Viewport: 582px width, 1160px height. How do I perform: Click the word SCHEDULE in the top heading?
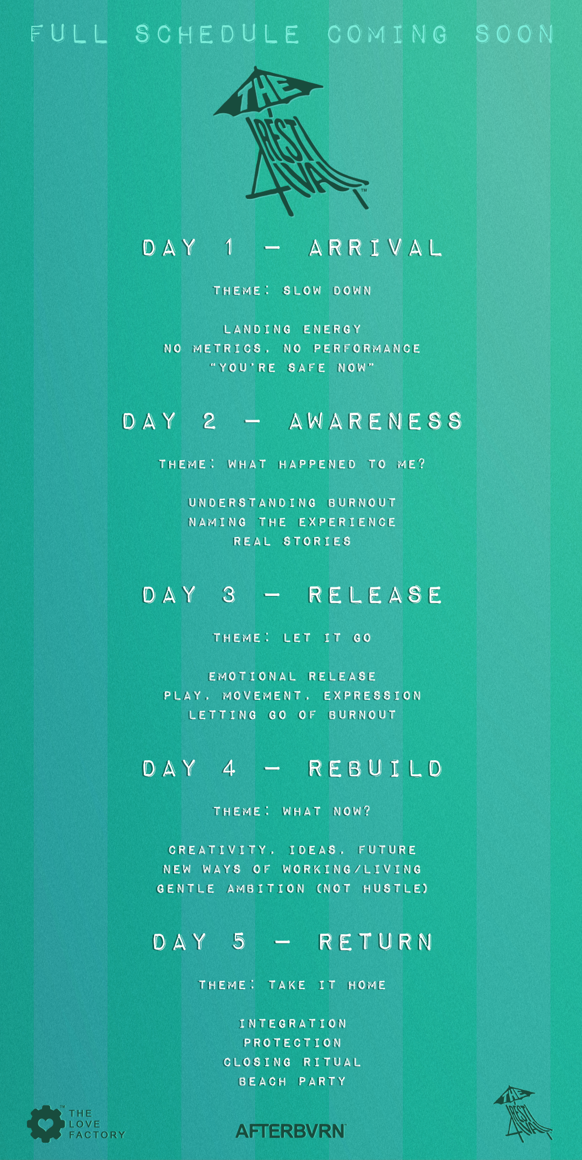[217, 34]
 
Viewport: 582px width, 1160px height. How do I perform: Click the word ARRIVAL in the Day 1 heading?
[375, 248]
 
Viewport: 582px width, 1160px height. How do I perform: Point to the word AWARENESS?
[376, 421]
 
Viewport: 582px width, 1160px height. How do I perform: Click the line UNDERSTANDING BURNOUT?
[292, 503]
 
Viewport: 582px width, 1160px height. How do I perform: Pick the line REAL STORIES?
[292, 541]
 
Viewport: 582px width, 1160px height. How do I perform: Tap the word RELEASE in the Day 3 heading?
[375, 595]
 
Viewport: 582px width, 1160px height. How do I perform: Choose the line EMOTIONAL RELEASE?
[292, 676]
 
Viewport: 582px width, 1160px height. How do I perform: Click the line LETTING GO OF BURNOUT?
[292, 714]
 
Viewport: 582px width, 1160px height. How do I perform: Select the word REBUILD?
[375, 768]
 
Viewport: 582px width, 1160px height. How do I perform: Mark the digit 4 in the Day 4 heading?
[229, 768]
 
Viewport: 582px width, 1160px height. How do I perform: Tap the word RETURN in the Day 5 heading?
[376, 942]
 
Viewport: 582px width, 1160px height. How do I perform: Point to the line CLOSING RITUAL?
[292, 1061]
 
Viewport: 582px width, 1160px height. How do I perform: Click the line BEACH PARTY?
[292, 1081]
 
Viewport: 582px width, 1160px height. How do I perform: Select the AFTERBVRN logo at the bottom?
[290, 1130]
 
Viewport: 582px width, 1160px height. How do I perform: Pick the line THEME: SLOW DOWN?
[292, 290]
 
